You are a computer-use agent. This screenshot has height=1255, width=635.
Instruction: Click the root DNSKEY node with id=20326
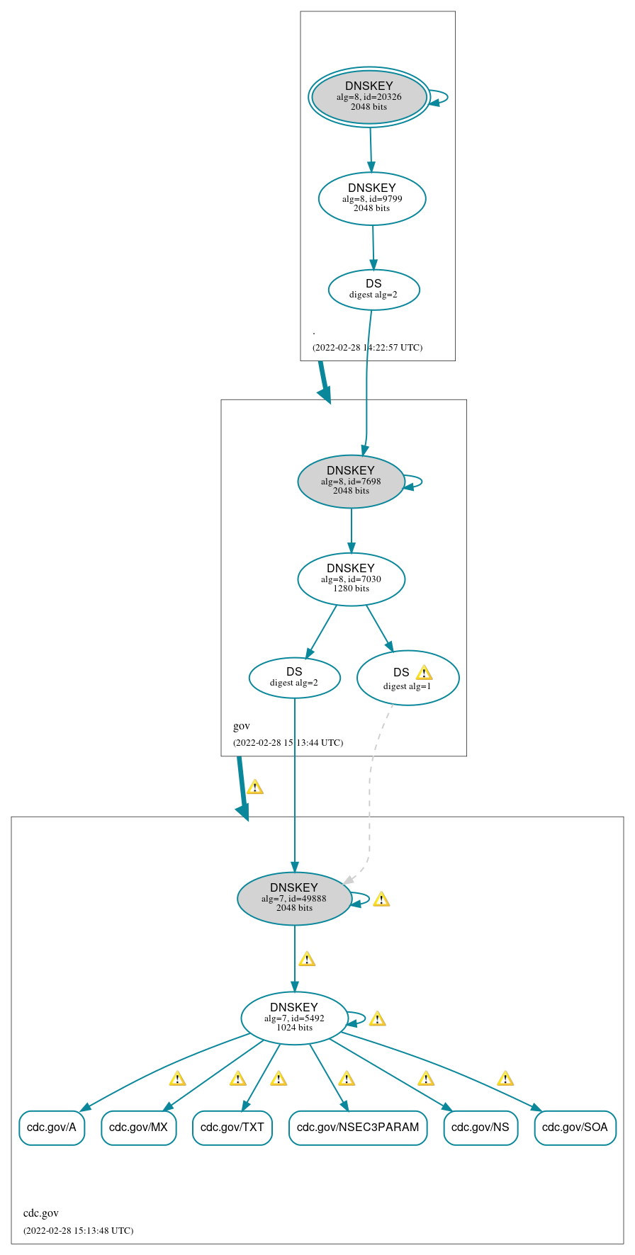pos(369,97)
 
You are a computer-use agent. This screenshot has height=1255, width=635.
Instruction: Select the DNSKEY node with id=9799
pos(372,198)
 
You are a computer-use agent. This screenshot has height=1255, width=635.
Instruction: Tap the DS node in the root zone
pos(373,290)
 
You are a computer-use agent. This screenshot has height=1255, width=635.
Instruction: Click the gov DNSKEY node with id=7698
pos(351,481)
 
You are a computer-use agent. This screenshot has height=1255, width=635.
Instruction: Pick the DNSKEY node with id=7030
pos(351,579)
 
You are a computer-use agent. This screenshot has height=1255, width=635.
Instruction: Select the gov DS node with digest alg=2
pos(294,678)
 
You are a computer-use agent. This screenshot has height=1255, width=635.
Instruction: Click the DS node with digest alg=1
pos(408,678)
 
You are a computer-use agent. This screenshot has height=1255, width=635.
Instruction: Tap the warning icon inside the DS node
pos(424,673)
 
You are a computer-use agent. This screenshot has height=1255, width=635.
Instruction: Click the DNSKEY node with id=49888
pos(294,898)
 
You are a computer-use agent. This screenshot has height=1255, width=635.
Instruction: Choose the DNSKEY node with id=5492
pos(294,1018)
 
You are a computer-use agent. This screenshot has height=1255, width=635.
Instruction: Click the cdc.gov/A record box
pos(52,1127)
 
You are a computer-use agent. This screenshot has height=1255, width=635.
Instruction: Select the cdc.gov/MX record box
pos(138,1127)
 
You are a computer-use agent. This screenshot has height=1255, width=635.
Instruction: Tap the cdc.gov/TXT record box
pos(232,1127)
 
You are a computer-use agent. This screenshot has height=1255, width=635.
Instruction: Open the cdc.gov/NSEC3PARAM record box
pos(358,1127)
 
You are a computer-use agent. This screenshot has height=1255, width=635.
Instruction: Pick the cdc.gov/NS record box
pos(481,1127)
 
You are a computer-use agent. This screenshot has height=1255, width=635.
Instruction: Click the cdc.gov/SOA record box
pos(575,1127)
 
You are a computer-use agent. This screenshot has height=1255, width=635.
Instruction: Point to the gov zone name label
pos(242,726)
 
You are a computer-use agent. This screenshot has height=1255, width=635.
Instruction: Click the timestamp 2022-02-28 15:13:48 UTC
pos(78,1230)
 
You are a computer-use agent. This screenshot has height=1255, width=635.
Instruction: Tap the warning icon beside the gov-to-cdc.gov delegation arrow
pos(254,787)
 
